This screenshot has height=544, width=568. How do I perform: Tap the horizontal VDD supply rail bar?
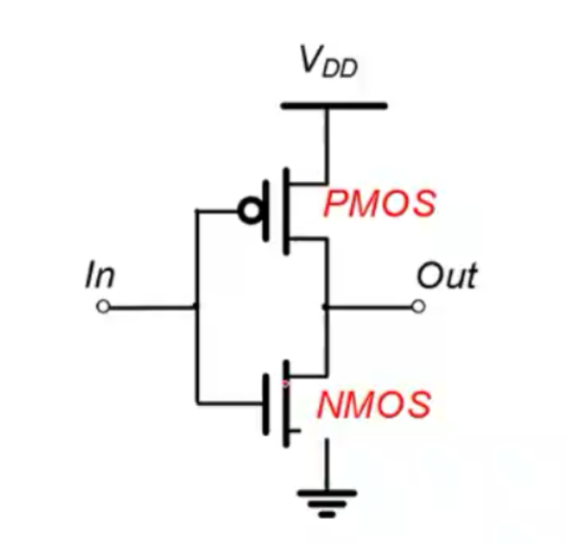coord(333,105)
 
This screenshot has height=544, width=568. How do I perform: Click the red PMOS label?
coord(379,203)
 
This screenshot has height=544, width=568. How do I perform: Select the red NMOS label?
coord(374,404)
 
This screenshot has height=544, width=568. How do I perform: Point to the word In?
coord(100,276)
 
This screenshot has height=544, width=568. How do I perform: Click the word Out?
coord(446,276)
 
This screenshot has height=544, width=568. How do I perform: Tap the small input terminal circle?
coord(102,307)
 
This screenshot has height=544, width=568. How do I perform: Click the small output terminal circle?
coord(418,306)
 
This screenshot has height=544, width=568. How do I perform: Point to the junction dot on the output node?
coord(324,307)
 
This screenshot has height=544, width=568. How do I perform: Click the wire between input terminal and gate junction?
coord(150,307)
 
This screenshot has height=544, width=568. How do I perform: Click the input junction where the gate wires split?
coord(195,307)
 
